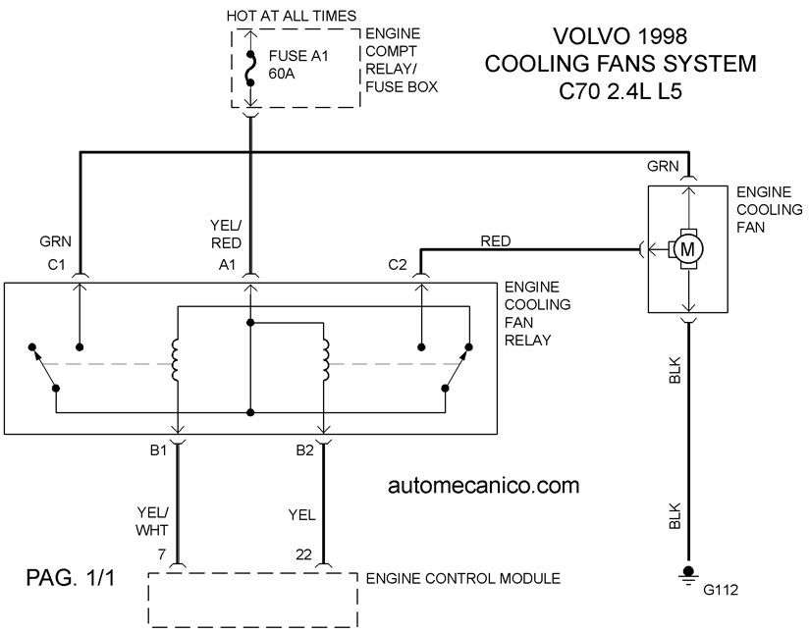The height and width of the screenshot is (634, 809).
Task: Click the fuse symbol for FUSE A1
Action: tap(250, 68)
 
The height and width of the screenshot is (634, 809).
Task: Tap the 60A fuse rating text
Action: tap(282, 74)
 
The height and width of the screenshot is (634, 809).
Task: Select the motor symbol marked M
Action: tap(687, 249)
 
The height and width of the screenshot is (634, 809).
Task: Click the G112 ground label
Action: tap(721, 589)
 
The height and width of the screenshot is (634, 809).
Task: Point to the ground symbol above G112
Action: tap(688, 573)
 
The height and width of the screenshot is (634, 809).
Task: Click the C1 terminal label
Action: tap(56, 265)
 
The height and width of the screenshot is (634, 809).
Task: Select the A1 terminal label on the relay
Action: tap(227, 265)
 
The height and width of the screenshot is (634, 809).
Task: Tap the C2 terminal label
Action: tap(398, 265)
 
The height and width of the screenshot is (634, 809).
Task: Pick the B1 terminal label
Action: tap(158, 450)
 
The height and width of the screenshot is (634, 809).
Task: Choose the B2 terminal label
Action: tap(305, 450)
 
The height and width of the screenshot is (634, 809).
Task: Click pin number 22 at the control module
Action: tap(304, 555)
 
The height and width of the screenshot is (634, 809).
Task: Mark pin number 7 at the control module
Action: tap(162, 555)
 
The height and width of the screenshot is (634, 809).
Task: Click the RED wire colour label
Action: tap(495, 240)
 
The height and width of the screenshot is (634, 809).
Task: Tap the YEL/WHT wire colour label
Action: tap(152, 521)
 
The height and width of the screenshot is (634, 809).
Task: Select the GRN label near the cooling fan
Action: tap(663, 166)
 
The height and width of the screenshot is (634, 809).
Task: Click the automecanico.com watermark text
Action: tap(483, 486)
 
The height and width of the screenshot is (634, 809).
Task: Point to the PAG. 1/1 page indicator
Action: tap(71, 578)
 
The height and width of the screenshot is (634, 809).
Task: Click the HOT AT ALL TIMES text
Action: tap(292, 16)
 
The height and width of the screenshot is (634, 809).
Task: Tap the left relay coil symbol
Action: tap(175, 360)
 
